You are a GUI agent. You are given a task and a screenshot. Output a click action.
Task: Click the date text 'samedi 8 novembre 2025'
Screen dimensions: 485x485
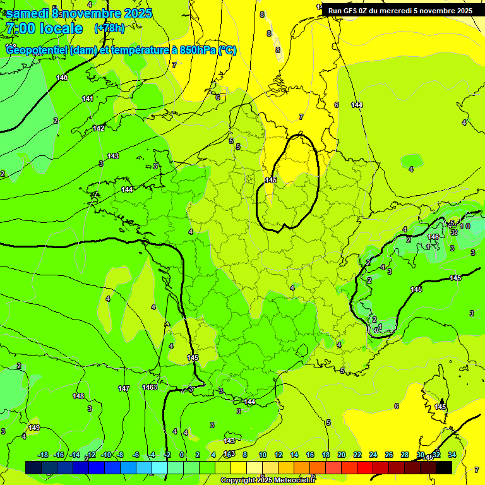pyautogui.click(x=79, y=13)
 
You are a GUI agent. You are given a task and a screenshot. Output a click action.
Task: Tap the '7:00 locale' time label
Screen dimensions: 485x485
pyautogui.click(x=44, y=28)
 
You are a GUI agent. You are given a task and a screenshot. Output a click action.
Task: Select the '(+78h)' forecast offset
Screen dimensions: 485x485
pyautogui.click(x=109, y=28)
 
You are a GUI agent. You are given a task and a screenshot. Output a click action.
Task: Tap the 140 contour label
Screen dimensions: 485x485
pyautogui.click(x=62, y=78)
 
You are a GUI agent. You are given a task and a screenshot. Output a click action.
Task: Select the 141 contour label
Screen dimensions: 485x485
pyautogui.click(x=88, y=99)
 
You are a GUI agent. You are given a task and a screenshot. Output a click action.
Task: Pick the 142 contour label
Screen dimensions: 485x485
pyautogui.click(x=99, y=128)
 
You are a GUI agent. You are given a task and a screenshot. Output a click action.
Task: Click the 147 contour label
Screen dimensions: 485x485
pyautogui.click(x=124, y=388)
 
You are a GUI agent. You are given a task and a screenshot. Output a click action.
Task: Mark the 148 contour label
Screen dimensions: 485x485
pyautogui.click(x=78, y=396)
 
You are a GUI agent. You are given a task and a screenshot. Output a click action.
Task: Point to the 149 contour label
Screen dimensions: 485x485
pyautogui.click(x=34, y=428)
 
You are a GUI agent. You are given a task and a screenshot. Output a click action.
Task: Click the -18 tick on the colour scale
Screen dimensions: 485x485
pyautogui.click(x=43, y=455)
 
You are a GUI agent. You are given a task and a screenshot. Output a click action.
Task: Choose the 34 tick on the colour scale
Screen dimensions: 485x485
pyautogui.click(x=452, y=455)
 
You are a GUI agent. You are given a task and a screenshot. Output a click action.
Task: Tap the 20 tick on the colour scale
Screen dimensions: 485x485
pyautogui.click(x=341, y=455)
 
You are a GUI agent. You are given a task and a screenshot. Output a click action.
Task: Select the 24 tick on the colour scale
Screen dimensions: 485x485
pyautogui.click(x=373, y=455)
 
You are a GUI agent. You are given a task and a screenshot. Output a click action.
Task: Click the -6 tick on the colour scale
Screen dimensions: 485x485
pyautogui.click(x=135, y=455)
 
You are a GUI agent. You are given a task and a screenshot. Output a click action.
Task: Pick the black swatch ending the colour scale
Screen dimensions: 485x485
pyautogui.click(x=444, y=467)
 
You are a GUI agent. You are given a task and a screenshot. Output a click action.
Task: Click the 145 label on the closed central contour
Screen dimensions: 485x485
pyautogui.click(x=271, y=181)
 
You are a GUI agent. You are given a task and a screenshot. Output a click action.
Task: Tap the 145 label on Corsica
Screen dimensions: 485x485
pyautogui.click(x=440, y=407)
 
